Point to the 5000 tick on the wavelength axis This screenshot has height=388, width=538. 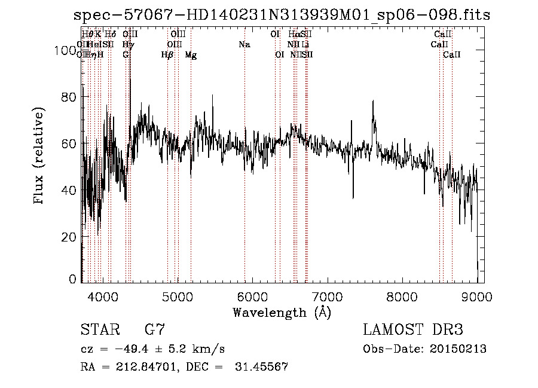[178, 296]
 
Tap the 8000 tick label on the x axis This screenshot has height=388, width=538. [402, 296]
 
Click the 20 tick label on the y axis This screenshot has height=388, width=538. [71, 236]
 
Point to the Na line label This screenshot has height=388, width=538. [244, 45]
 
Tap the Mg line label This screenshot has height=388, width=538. [191, 55]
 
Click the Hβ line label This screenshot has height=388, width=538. [167, 55]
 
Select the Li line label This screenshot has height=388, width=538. [305, 45]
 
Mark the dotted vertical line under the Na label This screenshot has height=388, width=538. [244, 179]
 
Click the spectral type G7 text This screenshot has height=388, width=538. [155, 330]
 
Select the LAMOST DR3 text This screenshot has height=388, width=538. [413, 330]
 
